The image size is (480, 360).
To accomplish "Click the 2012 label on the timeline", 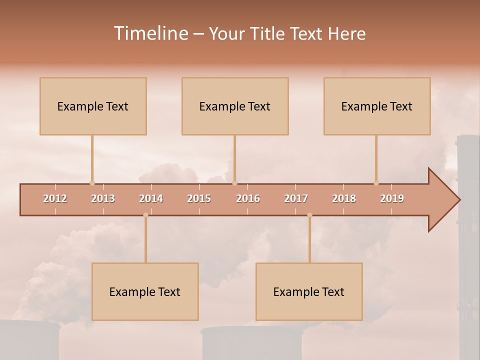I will click(55, 198).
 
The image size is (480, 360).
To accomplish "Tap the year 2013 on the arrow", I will click(103, 198).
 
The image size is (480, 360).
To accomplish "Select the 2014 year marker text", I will click(151, 198).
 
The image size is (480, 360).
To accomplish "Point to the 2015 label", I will click(199, 198).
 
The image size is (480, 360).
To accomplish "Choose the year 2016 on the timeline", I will click(248, 198).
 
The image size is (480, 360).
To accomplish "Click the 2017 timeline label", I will click(296, 198).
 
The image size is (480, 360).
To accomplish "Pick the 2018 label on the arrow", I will click(344, 198).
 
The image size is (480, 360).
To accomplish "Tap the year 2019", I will click(392, 198).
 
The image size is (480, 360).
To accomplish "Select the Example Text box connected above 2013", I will click(93, 106).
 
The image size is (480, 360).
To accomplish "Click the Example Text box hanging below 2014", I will click(145, 291).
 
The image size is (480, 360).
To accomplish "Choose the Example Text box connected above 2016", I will click(235, 106).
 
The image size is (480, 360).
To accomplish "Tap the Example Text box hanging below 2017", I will click(309, 291).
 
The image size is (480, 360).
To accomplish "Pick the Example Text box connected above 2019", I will click(377, 106).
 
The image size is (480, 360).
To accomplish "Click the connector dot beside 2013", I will click(92, 183).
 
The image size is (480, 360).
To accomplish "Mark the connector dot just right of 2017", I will click(309, 215).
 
